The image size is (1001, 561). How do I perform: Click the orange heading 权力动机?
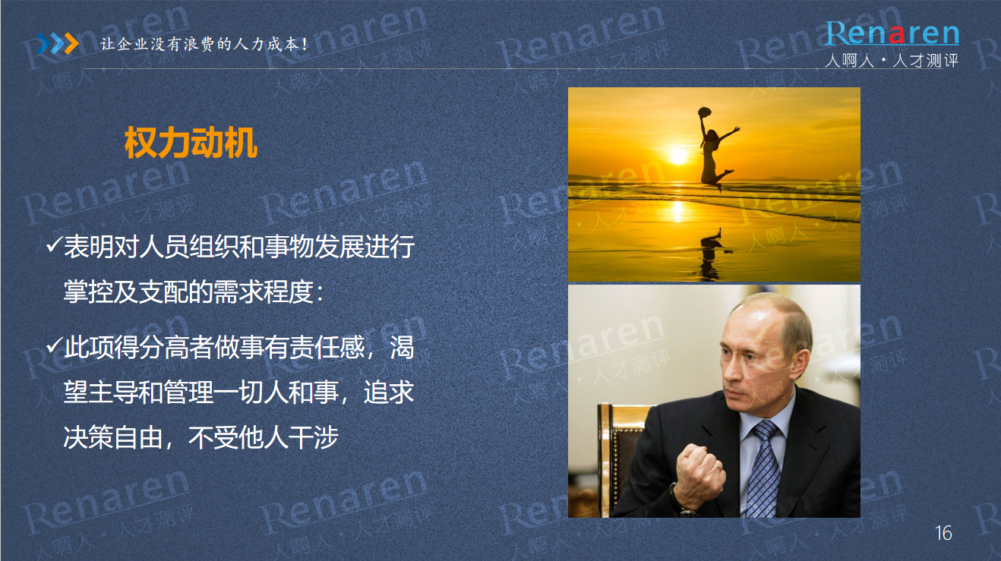tap(191, 143)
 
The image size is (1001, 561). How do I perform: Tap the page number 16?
tap(943, 533)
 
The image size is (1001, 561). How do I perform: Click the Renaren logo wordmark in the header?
tap(892, 33)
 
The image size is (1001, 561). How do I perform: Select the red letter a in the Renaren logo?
tap(897, 35)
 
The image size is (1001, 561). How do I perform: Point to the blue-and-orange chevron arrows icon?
tap(58, 43)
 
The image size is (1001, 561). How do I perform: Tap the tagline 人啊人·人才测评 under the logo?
tap(892, 60)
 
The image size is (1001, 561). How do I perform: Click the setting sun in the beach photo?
tap(678, 156)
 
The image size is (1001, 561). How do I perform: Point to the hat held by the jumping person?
tap(704, 112)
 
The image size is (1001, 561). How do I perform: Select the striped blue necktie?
tap(766, 469)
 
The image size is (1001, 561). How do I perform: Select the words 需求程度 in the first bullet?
tap(264, 292)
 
